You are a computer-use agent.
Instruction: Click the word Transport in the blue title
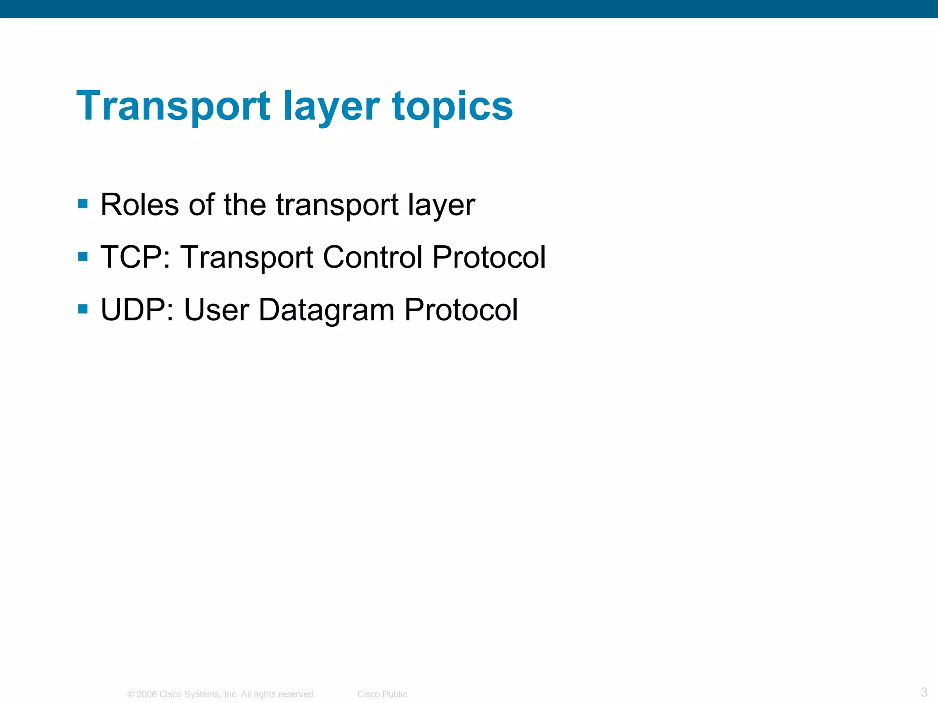pyautogui.click(x=173, y=106)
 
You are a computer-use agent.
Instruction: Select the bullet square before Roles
pyautogui.click(x=83, y=204)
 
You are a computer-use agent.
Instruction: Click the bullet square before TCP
pyautogui.click(x=83, y=256)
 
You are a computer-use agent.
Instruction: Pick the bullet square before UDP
pyautogui.click(x=83, y=309)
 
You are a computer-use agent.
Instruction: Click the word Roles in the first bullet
pyautogui.click(x=139, y=205)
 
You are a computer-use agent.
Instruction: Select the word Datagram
pyautogui.click(x=326, y=310)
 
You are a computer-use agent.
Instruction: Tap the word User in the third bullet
pyautogui.click(x=216, y=310)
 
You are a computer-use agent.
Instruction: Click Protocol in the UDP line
pyautogui.click(x=461, y=310)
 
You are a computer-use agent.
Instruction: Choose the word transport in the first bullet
pyautogui.click(x=337, y=205)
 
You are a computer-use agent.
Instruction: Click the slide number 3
pyautogui.click(x=924, y=692)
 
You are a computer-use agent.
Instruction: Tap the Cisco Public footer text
pyautogui.click(x=382, y=694)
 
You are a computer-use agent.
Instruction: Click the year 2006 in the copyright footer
pyautogui.click(x=147, y=694)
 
